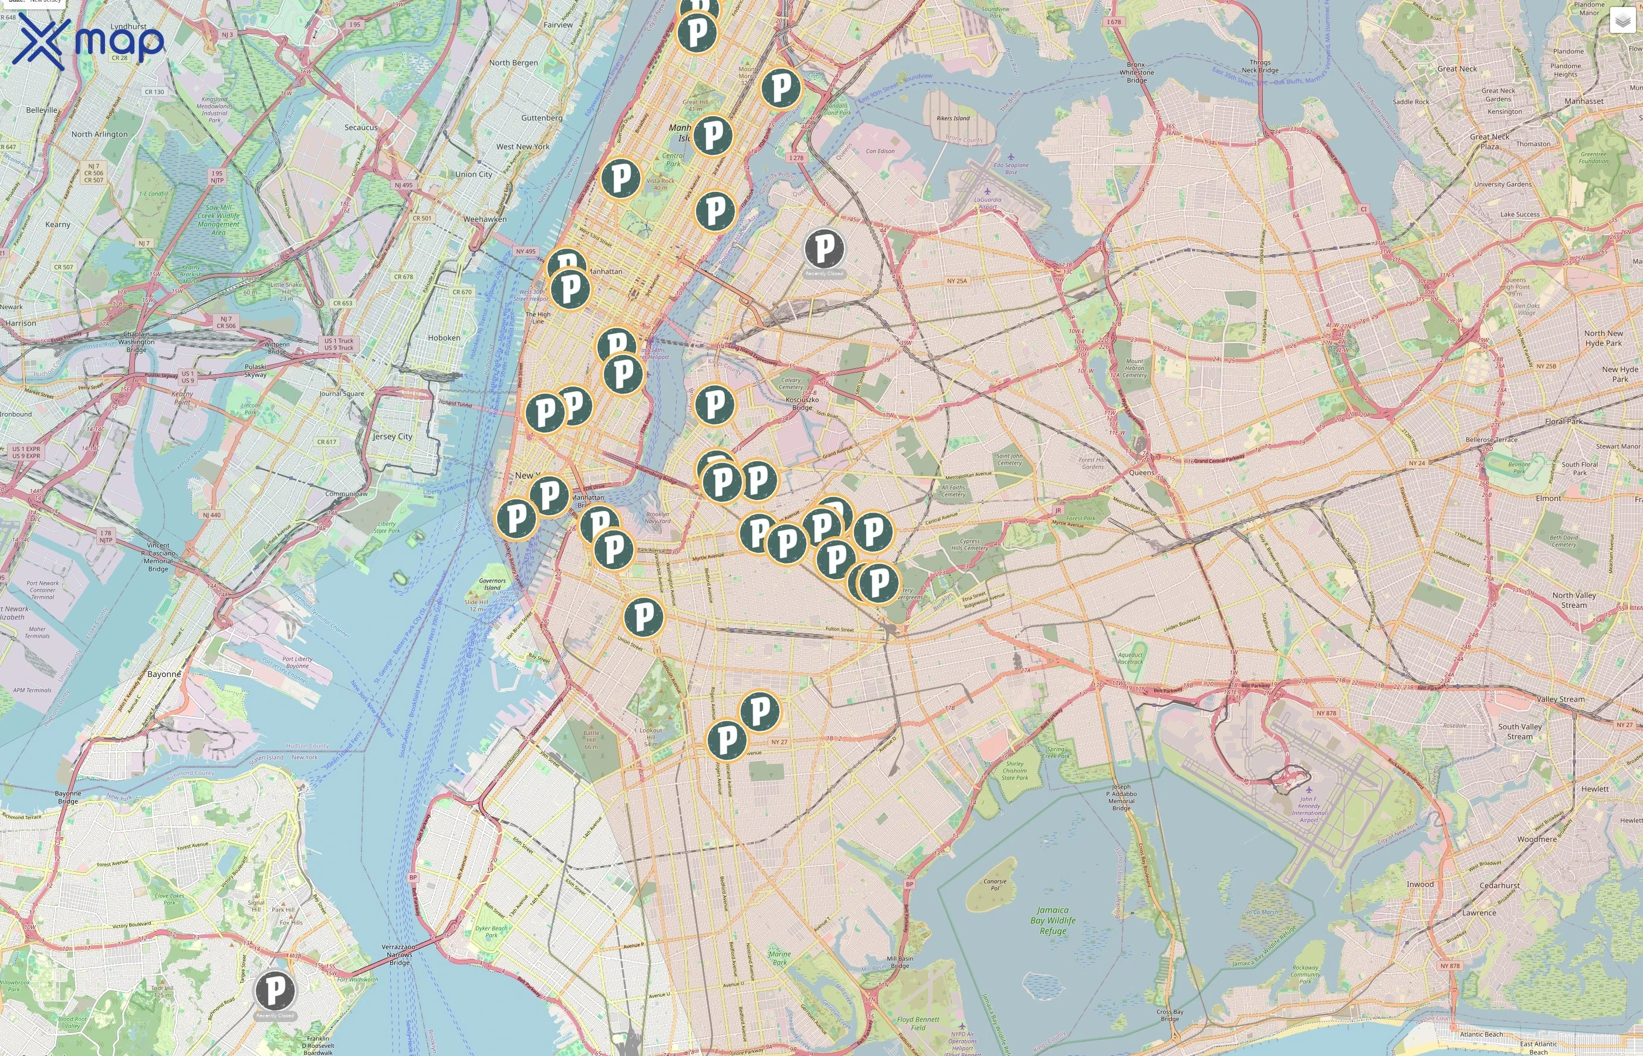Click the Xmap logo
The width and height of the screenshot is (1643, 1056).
pos(88,41)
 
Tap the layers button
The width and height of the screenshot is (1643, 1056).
pos(1622,21)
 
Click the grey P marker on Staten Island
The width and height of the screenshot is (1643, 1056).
pos(275,990)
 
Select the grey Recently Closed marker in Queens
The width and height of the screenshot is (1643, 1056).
pos(824,248)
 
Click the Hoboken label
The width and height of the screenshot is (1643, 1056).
pos(444,337)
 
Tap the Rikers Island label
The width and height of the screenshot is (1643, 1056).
pos(952,118)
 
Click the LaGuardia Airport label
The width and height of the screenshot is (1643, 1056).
pos(988,203)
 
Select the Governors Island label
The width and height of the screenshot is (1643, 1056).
pos(492,584)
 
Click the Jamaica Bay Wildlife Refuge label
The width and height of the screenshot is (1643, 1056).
pos(1053,920)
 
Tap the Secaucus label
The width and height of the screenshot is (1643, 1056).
pos(361,127)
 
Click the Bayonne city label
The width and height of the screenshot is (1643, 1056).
pos(164,674)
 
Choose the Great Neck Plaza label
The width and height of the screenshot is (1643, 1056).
pos(1489,141)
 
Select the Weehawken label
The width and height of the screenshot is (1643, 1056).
pos(485,219)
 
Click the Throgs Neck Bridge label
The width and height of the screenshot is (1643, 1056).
pos(1260,66)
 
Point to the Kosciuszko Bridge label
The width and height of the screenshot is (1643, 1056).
pos(802,403)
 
